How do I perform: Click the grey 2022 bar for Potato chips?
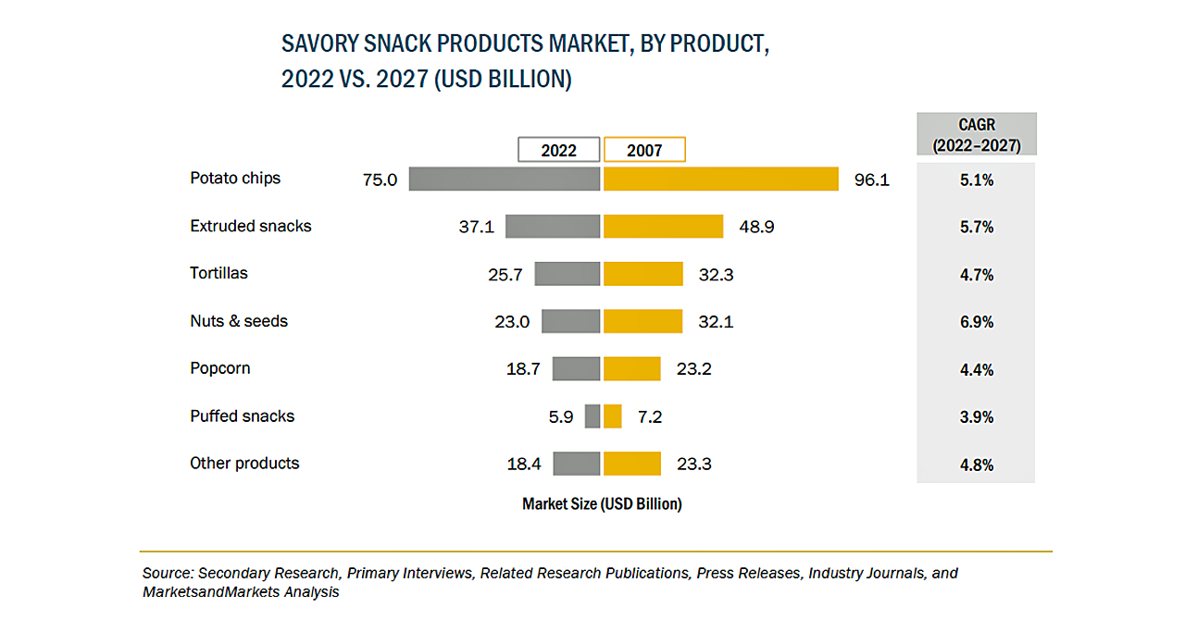505,179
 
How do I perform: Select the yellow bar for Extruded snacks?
663,227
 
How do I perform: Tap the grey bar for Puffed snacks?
592,416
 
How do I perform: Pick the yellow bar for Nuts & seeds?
642,321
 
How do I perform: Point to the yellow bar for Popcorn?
632,368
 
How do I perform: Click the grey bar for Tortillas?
568,274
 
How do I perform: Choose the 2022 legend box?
558,150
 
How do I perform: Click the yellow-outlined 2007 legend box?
644,150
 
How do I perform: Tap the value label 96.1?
871,180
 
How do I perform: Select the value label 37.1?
476,227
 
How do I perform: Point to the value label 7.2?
650,417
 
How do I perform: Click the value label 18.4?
524,464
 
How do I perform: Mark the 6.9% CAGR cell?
977,322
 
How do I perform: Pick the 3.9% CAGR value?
977,417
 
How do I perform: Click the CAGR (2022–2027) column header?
977,134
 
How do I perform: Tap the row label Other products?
244,463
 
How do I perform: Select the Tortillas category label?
218,273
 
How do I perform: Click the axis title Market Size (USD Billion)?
602,504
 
